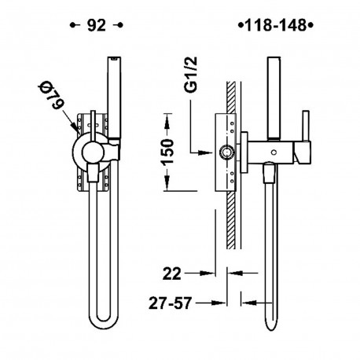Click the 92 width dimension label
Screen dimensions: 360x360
tap(97, 25)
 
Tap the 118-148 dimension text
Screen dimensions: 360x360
tap(276, 25)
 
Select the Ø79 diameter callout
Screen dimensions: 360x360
tap(51, 95)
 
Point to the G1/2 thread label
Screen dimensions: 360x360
tap(191, 75)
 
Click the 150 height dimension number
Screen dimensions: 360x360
tap(167, 152)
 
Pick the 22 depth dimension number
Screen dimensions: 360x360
tap(172, 274)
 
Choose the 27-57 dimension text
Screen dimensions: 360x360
tap(171, 303)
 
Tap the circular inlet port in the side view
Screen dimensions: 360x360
tap(226, 152)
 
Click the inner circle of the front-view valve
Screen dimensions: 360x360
tap(93, 152)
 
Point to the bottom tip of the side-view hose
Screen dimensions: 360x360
tap(270, 329)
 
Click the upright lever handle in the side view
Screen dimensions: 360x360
tap(306, 127)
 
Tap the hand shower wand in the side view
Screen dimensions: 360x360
tap(274, 97)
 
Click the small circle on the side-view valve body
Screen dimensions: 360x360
tap(274, 152)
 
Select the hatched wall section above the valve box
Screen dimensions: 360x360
tap(231, 97)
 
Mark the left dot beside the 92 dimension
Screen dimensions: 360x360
tap(72, 25)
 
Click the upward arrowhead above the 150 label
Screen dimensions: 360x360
tap(167, 122)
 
